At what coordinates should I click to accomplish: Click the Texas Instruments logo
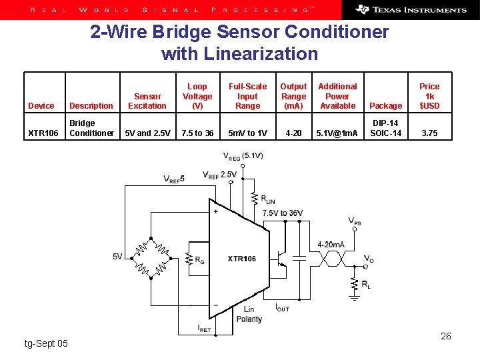click(411, 9)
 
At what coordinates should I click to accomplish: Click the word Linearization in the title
click(240, 53)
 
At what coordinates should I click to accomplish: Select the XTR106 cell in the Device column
click(43, 133)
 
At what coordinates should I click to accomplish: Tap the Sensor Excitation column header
click(147, 101)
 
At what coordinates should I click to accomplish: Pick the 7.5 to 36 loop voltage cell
click(198, 133)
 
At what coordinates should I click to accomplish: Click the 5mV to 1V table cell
click(247, 133)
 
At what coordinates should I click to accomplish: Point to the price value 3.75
click(429, 133)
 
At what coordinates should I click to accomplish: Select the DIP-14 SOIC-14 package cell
click(385, 128)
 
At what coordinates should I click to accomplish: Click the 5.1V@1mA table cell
click(337, 133)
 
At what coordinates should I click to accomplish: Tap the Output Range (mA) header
click(293, 96)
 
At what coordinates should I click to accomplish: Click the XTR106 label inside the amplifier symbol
click(241, 259)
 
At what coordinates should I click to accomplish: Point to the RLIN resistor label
click(267, 199)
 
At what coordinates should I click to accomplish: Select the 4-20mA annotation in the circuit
click(331, 245)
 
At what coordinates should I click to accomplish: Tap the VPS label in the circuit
click(355, 221)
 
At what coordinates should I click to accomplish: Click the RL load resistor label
click(366, 285)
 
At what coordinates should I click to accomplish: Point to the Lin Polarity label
click(249, 314)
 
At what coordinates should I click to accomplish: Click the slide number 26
click(446, 336)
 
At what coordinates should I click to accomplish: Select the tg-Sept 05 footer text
click(46, 343)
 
